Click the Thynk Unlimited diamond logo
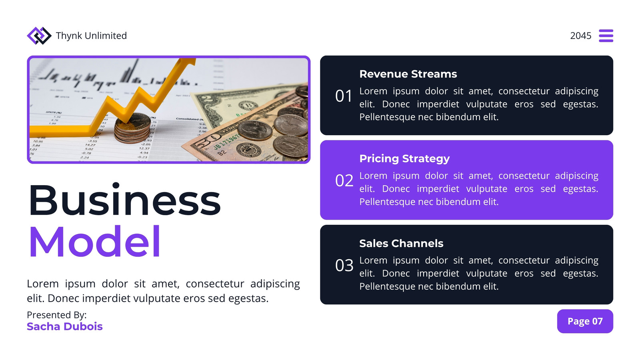pyautogui.click(x=39, y=36)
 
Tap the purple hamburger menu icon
pyautogui.click(x=606, y=36)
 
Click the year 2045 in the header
pyautogui.click(x=580, y=36)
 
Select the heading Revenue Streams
pyautogui.click(x=408, y=74)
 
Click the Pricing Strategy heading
pyautogui.click(x=404, y=159)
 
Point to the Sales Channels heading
pyautogui.click(x=401, y=244)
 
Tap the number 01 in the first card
pyautogui.click(x=344, y=96)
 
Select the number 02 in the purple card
pyautogui.click(x=344, y=180)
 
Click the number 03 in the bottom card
pyautogui.click(x=344, y=266)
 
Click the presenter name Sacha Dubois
pyautogui.click(x=64, y=326)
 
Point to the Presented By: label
pyautogui.click(x=56, y=315)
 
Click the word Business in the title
pyautogui.click(x=125, y=200)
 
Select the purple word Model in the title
pyautogui.click(x=94, y=242)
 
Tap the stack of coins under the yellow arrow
pyautogui.click(x=132, y=128)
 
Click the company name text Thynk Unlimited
pyautogui.click(x=91, y=36)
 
